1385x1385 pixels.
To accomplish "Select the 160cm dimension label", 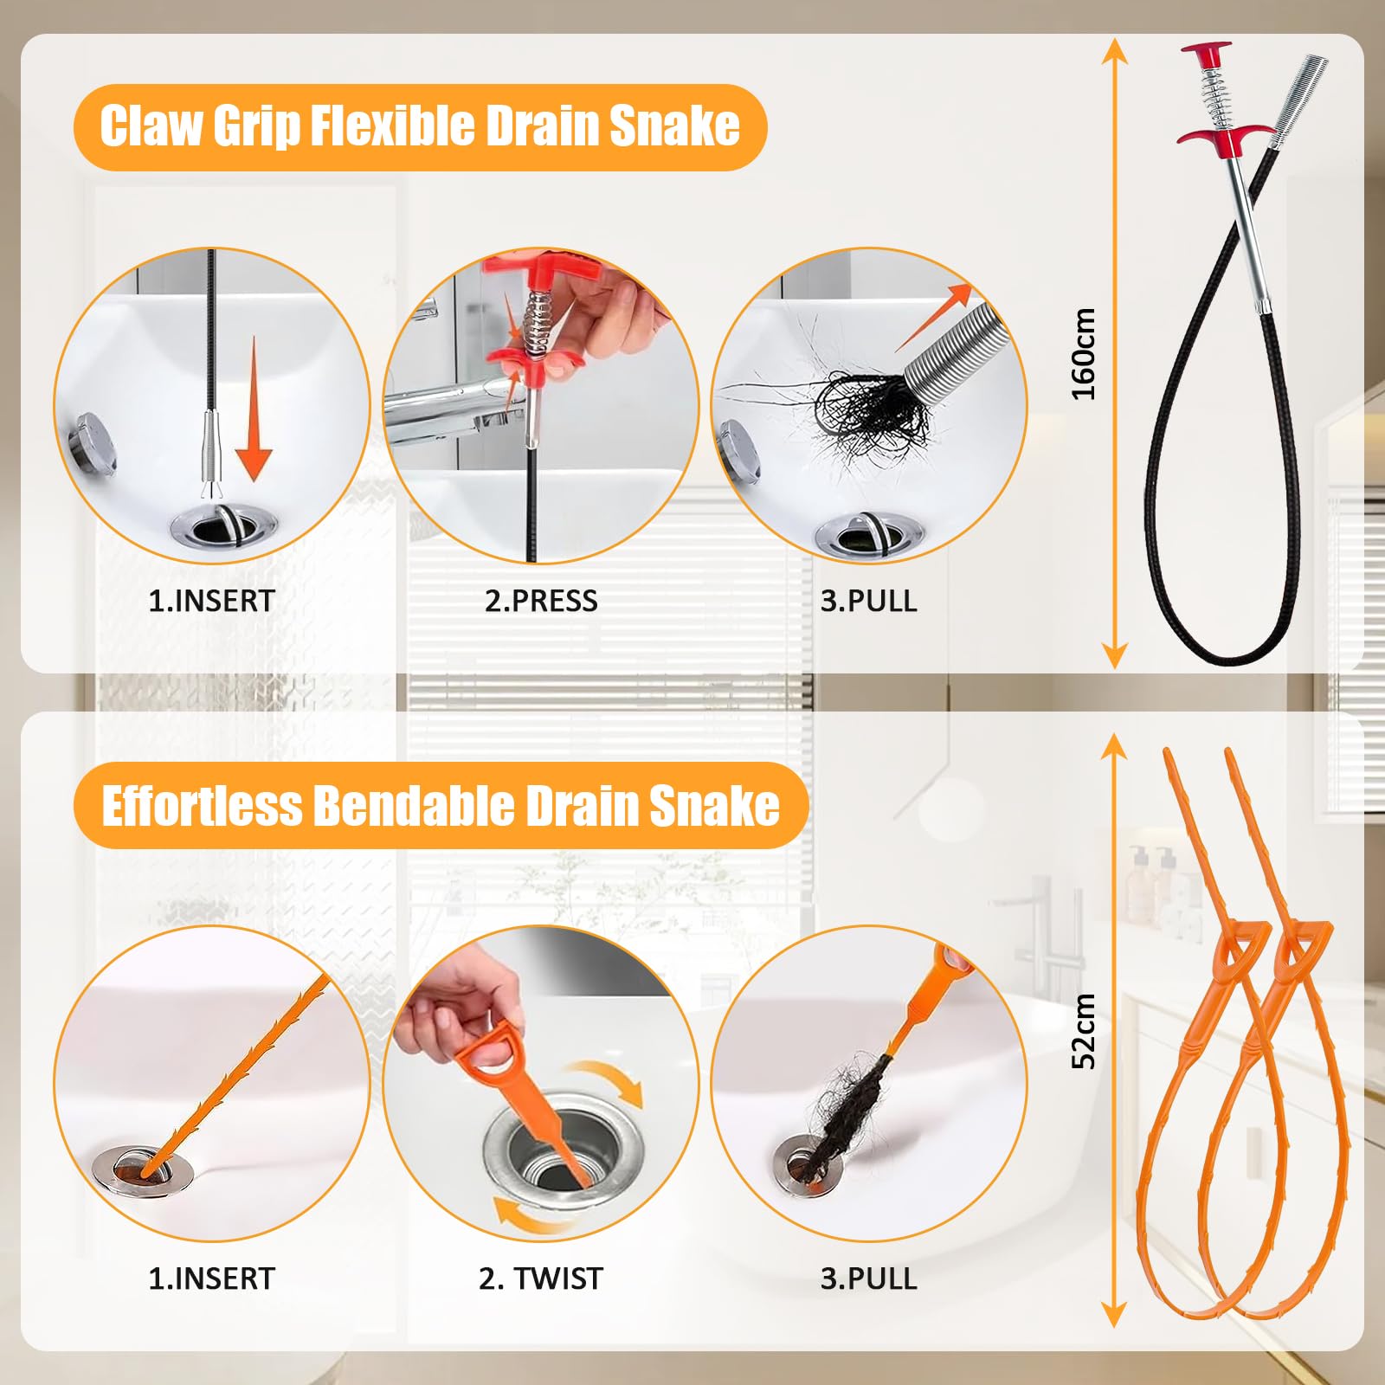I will click(1084, 354).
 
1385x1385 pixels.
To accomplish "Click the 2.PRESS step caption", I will click(541, 601).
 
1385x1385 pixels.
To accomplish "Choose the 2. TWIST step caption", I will click(541, 1279).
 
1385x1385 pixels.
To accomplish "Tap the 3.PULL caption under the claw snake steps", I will click(868, 601).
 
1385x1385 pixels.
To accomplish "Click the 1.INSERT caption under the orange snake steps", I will click(211, 1279).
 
